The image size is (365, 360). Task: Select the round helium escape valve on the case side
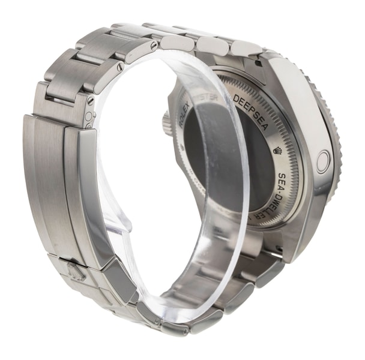[323, 161]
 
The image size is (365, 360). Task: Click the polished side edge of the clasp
[90, 192]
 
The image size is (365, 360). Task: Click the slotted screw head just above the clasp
[91, 101]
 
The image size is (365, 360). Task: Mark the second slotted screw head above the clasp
[121, 68]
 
